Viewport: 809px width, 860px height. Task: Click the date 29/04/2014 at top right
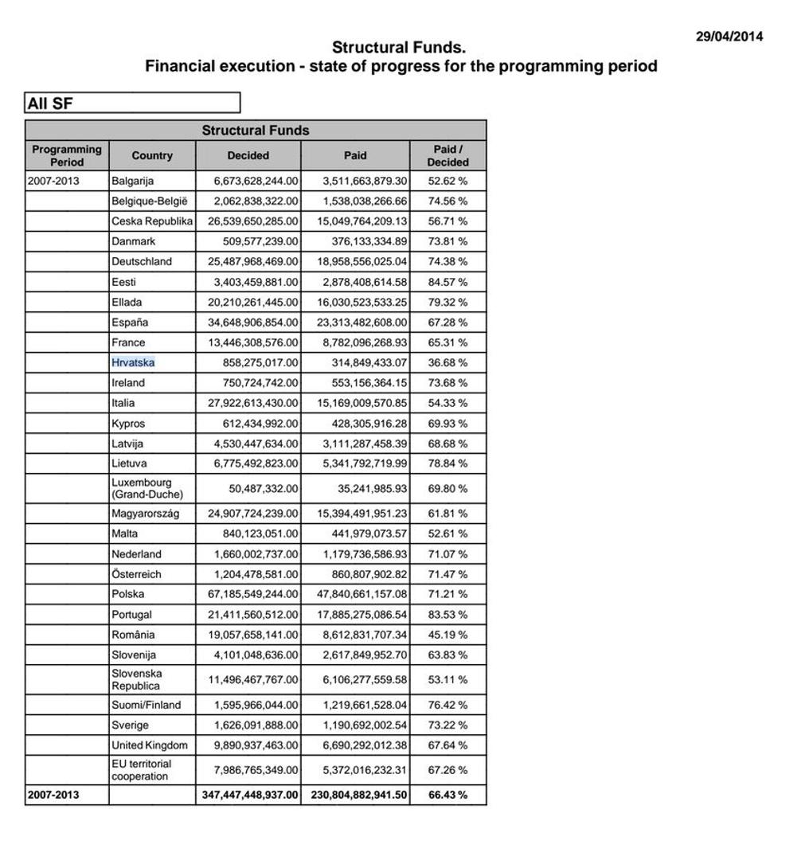729,36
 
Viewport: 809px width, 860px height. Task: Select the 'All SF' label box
131,103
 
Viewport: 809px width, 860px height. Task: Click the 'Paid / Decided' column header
447,155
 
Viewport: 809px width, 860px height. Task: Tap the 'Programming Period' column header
67,155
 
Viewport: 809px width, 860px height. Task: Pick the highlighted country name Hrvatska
133,362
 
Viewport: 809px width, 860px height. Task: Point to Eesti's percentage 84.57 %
447,282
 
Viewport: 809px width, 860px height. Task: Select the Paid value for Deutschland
362,261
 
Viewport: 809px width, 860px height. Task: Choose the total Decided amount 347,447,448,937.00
250,795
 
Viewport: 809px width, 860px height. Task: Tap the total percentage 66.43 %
447,795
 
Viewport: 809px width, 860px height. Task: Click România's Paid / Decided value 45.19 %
447,635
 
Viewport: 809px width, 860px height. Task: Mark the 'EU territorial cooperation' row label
141,770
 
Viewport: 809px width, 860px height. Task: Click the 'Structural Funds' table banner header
255,131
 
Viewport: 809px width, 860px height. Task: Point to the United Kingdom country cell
150,745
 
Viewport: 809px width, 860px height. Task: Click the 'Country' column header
152,155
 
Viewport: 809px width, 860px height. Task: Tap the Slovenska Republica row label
137,680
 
